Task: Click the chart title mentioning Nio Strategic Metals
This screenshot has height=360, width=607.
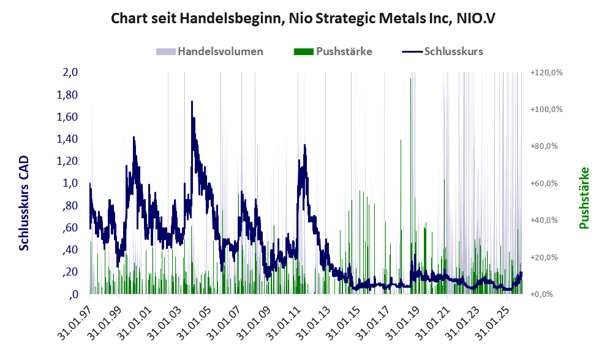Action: point(303,18)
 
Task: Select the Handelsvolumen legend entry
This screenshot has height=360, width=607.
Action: point(211,51)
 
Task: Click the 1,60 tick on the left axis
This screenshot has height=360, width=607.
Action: point(68,117)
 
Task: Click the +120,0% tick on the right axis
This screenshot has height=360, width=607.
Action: point(545,73)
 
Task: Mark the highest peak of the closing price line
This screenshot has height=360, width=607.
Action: point(192,102)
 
